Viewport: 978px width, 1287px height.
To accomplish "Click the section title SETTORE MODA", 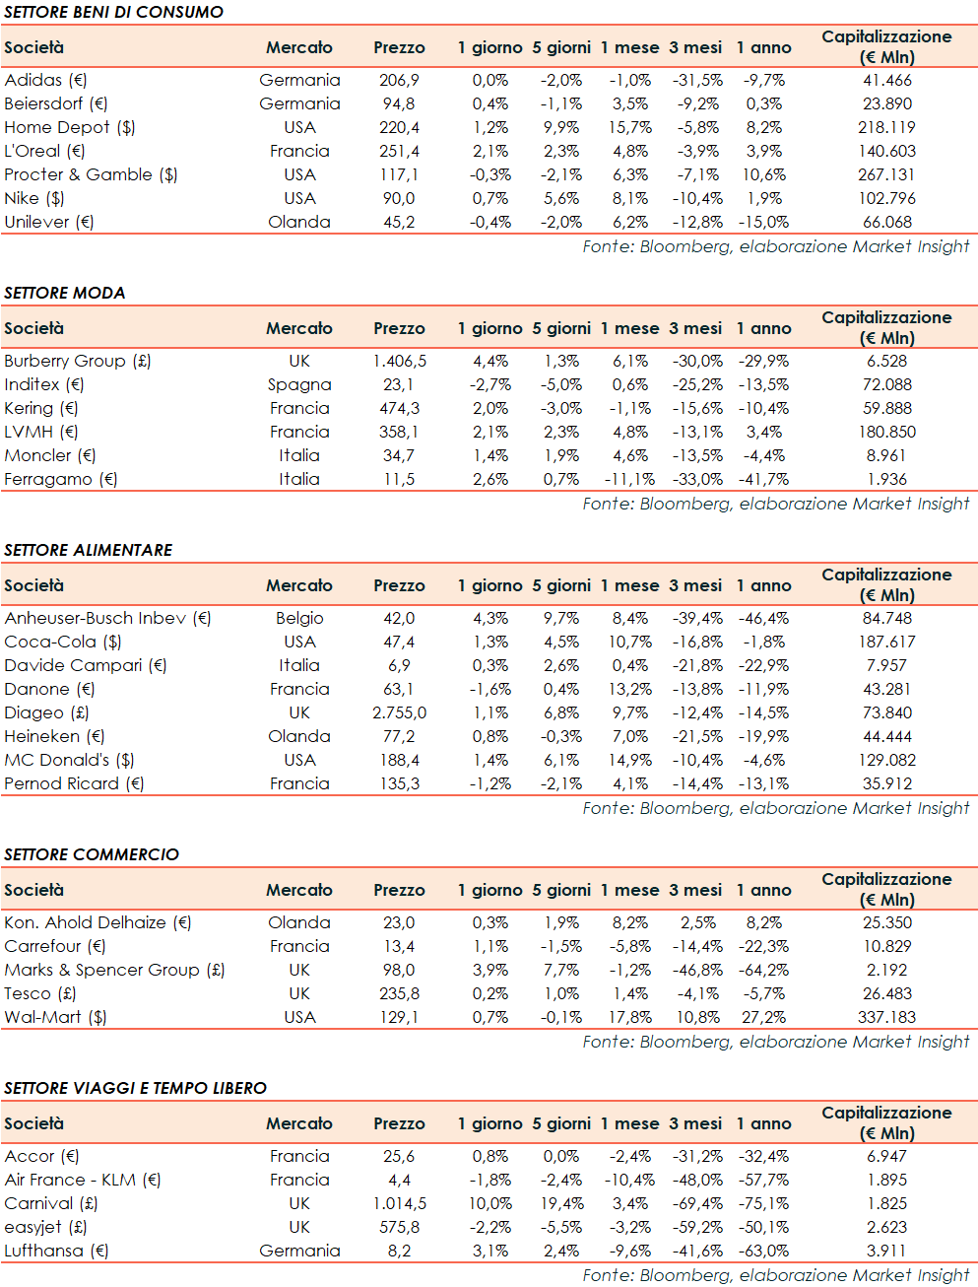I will (x=65, y=293).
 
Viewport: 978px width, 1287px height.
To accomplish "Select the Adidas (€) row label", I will (x=46, y=80).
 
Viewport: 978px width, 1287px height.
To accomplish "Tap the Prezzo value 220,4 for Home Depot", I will (x=399, y=127).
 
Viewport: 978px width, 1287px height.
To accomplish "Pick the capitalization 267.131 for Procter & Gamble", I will (x=886, y=174).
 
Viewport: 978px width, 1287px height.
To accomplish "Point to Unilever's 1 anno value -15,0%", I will (x=763, y=222).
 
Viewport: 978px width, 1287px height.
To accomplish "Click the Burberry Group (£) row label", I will (x=78, y=361).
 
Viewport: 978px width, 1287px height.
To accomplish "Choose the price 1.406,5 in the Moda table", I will (x=399, y=361).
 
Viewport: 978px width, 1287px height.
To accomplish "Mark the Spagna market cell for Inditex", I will (x=299, y=384).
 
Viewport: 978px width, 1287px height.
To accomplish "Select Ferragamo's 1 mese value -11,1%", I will (x=629, y=479).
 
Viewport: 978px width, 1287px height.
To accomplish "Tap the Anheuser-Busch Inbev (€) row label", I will (x=108, y=618).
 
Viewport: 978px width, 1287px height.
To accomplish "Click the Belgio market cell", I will (x=299, y=618).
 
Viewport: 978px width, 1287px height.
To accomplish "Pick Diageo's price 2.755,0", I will (x=399, y=712).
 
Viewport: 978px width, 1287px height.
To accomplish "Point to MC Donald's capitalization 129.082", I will (x=886, y=760).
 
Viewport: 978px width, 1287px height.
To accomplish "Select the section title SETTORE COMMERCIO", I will (x=92, y=854).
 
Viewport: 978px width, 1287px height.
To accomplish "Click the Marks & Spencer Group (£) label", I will (x=115, y=970).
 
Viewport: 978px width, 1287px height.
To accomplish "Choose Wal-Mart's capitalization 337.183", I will (x=886, y=1017).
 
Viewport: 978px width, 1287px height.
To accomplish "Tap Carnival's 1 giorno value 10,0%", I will (x=489, y=1203).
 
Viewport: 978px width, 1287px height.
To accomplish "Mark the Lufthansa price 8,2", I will (x=399, y=1251).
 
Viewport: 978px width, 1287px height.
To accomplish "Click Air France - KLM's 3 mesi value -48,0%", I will (x=697, y=1180).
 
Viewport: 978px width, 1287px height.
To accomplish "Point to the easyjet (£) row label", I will (x=46, y=1227).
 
